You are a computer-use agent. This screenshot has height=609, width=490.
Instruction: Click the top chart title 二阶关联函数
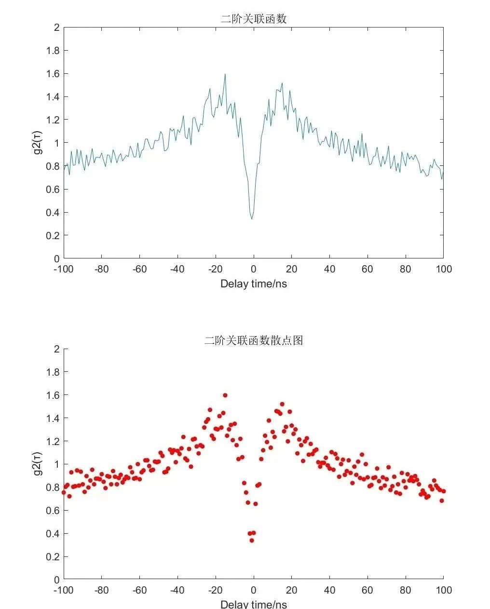tap(254, 19)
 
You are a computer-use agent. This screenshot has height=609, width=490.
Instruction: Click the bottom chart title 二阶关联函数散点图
tap(254, 340)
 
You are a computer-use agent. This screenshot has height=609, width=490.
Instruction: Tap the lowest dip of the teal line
tap(252, 219)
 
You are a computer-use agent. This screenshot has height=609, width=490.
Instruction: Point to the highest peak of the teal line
tap(225, 74)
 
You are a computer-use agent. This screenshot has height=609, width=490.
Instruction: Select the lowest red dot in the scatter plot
tap(252, 541)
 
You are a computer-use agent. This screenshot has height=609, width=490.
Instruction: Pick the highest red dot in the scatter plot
tap(225, 395)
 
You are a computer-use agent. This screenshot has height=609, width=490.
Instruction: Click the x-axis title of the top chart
tap(254, 284)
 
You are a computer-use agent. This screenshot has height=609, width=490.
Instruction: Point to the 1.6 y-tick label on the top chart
tap(53, 74)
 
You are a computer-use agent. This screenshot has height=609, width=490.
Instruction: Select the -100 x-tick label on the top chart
tap(63, 269)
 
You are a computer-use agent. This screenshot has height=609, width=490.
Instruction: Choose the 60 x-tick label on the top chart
tap(367, 269)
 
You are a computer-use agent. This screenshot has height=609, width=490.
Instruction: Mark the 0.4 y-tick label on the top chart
tap(53, 213)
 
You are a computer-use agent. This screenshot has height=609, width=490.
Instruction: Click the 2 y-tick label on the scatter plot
tap(57, 349)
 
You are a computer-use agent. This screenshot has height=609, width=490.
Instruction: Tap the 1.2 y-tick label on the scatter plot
tap(53, 441)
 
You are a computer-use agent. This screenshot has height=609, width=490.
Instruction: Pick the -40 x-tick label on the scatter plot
tap(177, 590)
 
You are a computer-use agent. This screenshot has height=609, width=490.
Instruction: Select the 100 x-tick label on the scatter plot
tap(444, 590)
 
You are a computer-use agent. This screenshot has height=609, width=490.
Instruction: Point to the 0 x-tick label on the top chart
tap(254, 269)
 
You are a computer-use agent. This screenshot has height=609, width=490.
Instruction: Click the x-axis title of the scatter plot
tap(254, 605)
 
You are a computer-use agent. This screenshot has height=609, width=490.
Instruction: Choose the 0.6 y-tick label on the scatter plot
tap(53, 511)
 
